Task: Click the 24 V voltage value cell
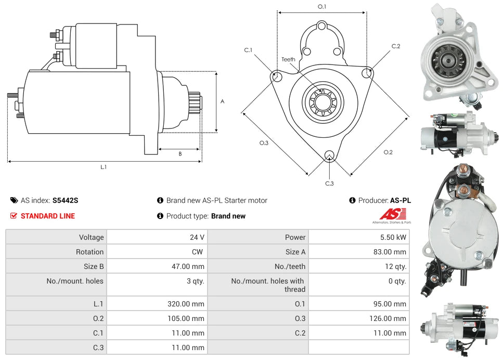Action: [x=197, y=237]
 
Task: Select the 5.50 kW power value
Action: [x=396, y=237]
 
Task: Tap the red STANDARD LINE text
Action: [x=47, y=216]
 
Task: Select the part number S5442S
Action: [x=66, y=200]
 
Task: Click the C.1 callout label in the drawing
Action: [x=248, y=50]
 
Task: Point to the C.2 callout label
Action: [x=396, y=46]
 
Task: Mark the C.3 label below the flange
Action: [x=329, y=183]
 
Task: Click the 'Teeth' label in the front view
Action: [x=288, y=59]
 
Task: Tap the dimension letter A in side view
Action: [x=222, y=101]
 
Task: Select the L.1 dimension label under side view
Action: [x=104, y=167]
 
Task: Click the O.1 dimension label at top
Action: [x=322, y=7]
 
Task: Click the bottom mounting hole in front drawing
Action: [x=329, y=155]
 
